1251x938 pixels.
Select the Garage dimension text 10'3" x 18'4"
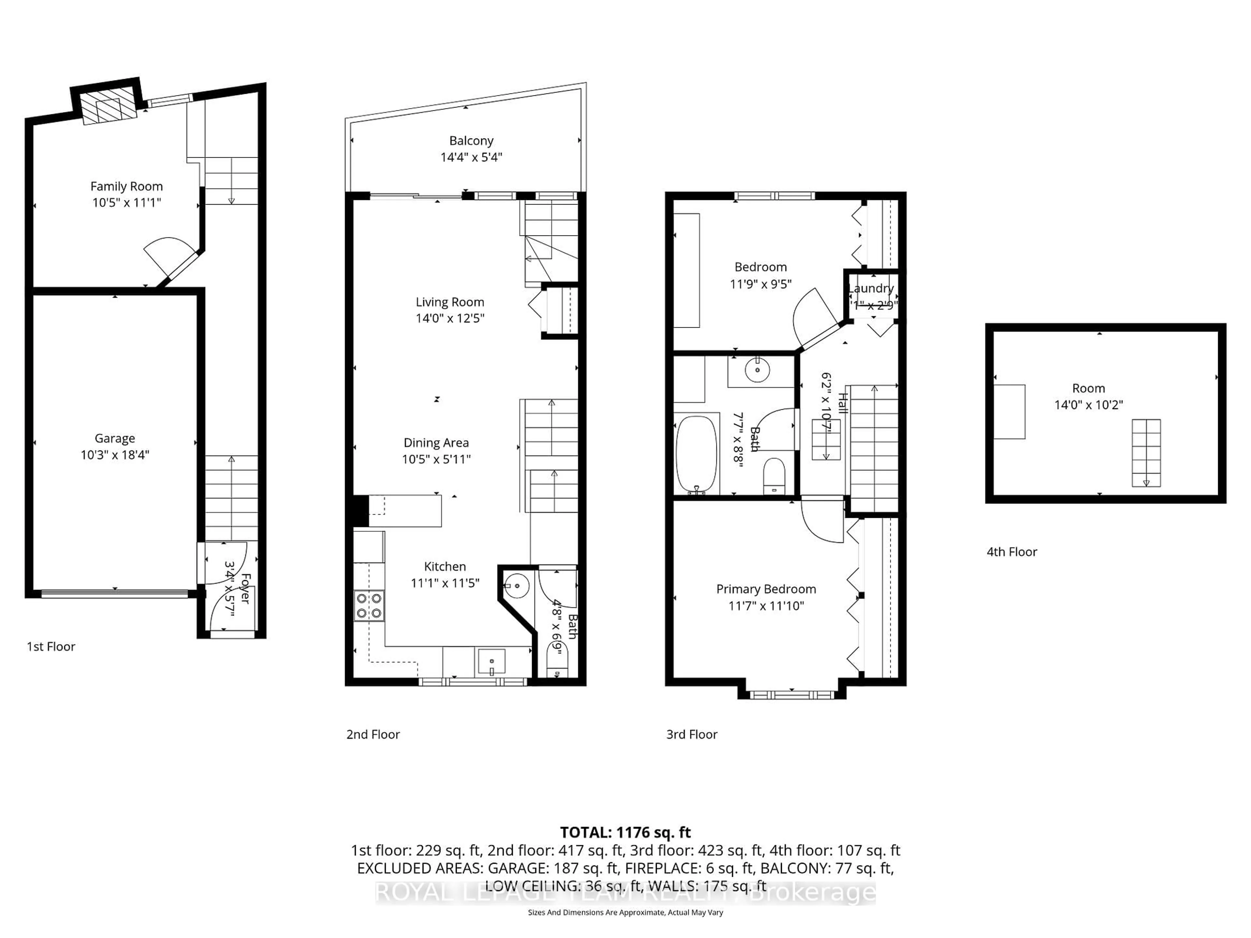115,455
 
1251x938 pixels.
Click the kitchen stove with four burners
369,605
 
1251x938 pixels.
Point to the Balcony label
471,141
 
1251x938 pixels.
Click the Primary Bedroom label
766,589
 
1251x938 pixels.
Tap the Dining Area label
436,443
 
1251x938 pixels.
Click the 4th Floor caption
1012,552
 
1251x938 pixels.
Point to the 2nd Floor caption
373,734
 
